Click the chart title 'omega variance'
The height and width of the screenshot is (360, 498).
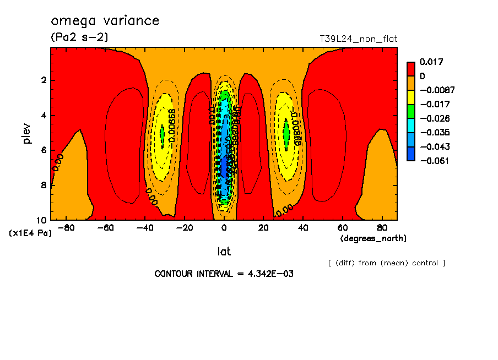[105, 21]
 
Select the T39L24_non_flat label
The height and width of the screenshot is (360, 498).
[358, 39]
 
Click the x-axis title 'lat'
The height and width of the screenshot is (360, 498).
[224, 252]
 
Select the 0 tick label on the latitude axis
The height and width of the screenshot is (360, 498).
[224, 228]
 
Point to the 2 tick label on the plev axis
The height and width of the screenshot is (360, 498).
[43, 80]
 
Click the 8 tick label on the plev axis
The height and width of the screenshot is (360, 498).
[43, 186]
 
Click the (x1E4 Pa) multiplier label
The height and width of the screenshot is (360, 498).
[30, 233]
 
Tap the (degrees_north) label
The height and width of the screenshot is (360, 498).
[373, 238]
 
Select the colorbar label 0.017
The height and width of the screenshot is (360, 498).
[431, 62]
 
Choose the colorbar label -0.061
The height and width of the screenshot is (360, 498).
[434, 161]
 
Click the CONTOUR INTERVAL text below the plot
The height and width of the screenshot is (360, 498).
[224, 274]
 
